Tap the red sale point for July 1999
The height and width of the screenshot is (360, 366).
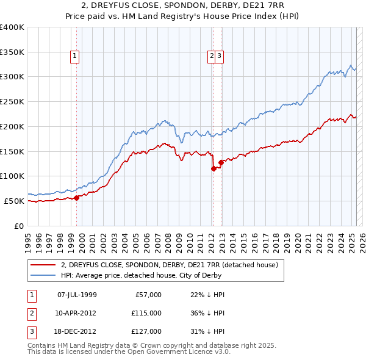point(77,198)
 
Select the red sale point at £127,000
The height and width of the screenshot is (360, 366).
point(221,162)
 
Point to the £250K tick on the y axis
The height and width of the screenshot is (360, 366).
point(12,102)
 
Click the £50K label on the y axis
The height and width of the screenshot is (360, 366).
point(14,201)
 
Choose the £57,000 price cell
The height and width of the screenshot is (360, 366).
point(148,295)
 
